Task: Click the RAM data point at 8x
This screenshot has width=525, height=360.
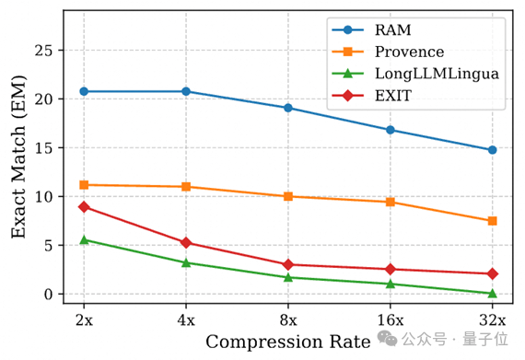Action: point(288,108)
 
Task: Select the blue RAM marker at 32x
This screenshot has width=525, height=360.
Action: point(492,150)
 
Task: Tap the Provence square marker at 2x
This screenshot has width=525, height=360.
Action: point(84,185)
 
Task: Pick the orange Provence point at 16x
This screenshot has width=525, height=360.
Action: point(391,202)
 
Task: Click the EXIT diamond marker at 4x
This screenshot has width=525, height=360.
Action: point(186,242)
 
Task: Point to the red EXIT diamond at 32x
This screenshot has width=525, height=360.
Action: point(492,273)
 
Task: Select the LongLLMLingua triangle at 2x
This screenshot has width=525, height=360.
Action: point(84,239)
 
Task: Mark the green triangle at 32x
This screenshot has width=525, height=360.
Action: point(492,294)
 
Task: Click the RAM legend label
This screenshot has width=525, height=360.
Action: point(392,30)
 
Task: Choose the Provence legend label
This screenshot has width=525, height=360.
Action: point(409,52)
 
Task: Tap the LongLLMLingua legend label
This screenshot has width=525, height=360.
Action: point(437,74)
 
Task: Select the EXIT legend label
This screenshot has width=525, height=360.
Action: point(393,96)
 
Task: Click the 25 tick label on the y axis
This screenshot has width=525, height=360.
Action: point(43,51)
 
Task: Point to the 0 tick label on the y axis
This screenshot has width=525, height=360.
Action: point(49,294)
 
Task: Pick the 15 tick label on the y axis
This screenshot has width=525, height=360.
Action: point(43,148)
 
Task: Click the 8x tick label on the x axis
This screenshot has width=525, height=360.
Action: point(288,320)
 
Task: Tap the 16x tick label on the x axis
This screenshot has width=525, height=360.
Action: point(391,320)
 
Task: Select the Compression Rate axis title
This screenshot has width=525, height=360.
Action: point(288,342)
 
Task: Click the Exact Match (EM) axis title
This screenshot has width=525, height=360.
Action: point(18,157)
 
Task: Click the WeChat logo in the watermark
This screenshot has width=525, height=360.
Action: point(388,338)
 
